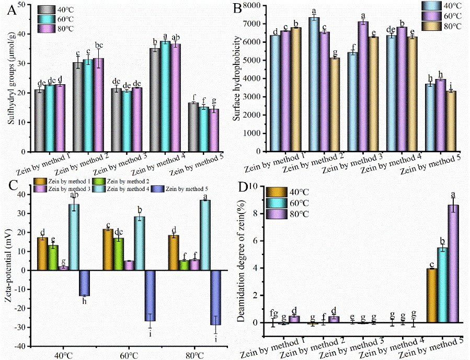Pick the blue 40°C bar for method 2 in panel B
314,84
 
